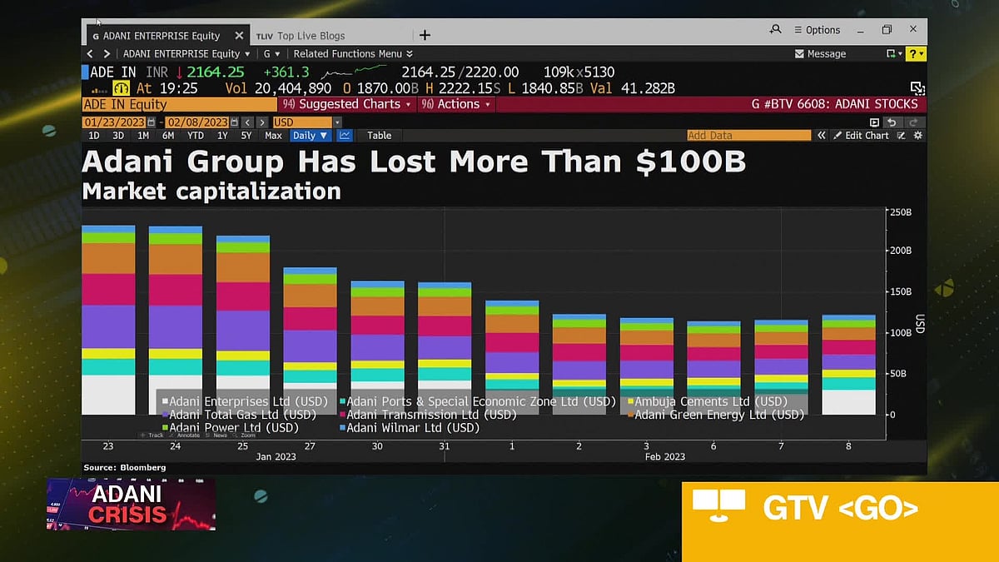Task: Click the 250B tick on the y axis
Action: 901,212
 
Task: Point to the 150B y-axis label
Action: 901,292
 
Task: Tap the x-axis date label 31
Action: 444,446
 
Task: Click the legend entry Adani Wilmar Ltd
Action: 412,428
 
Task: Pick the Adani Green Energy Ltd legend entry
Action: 719,415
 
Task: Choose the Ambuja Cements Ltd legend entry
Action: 711,401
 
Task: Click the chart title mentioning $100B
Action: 414,162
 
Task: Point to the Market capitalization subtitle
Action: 211,191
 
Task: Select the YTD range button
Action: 196,136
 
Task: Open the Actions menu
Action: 457,104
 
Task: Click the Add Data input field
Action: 748,136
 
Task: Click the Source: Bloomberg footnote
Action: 125,468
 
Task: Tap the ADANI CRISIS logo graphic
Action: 131,504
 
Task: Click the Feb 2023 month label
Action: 665,456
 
